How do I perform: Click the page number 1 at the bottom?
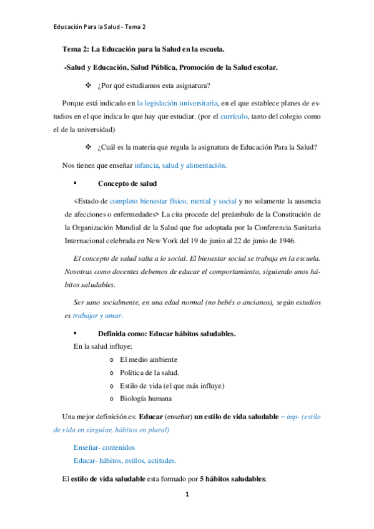coord(187,495)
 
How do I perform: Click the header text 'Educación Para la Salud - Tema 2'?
coord(99,27)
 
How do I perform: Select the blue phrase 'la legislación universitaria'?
coord(177,102)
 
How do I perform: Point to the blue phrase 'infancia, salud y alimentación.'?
coord(180,166)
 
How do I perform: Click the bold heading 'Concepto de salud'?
coord(127,184)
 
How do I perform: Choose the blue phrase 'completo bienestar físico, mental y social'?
coord(173,201)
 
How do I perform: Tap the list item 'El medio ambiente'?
coord(148,359)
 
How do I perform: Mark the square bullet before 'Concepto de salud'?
coord(75,184)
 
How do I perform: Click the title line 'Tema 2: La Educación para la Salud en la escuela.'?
coord(144,49)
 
